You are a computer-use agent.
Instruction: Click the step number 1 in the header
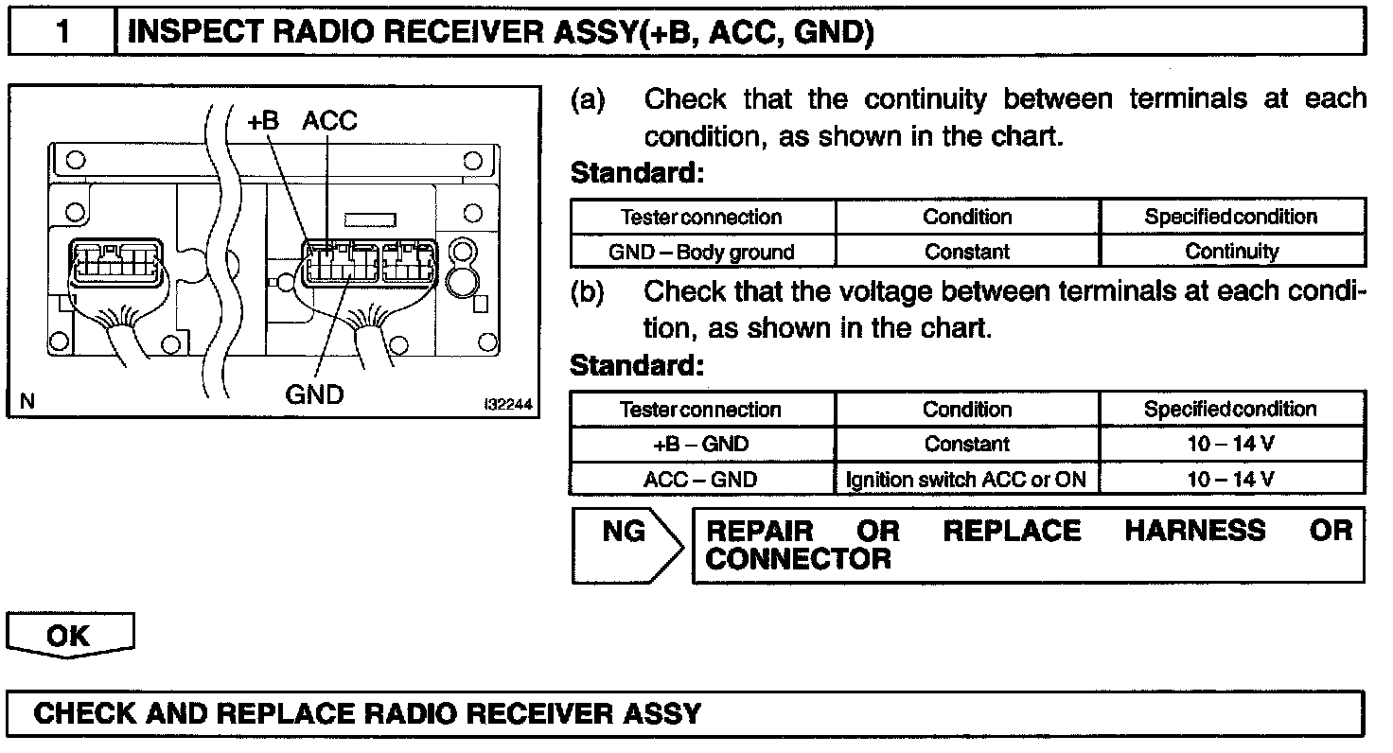pyautogui.click(x=62, y=32)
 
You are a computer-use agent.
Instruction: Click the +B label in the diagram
pyautogui.click(x=263, y=121)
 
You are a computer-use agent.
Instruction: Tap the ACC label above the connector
pyautogui.click(x=330, y=121)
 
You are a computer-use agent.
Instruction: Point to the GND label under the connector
pyautogui.click(x=314, y=394)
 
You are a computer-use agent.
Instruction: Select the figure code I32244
pyautogui.click(x=507, y=404)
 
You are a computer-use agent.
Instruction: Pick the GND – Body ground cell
pyautogui.click(x=701, y=252)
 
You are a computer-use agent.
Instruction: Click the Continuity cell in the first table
pyautogui.click(x=1231, y=252)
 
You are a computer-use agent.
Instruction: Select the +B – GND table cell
pyautogui.click(x=701, y=445)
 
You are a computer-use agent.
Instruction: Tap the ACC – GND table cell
pyautogui.click(x=701, y=480)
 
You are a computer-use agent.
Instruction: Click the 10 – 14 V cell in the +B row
pyautogui.click(x=1231, y=445)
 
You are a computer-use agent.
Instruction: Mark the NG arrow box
pyautogui.click(x=625, y=546)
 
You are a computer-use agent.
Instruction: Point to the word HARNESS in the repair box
pyautogui.click(x=1194, y=531)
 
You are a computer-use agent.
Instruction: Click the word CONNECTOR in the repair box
pyautogui.click(x=798, y=559)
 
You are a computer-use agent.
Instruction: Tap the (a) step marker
pyautogui.click(x=589, y=99)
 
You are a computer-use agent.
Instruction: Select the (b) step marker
pyautogui.click(x=589, y=292)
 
